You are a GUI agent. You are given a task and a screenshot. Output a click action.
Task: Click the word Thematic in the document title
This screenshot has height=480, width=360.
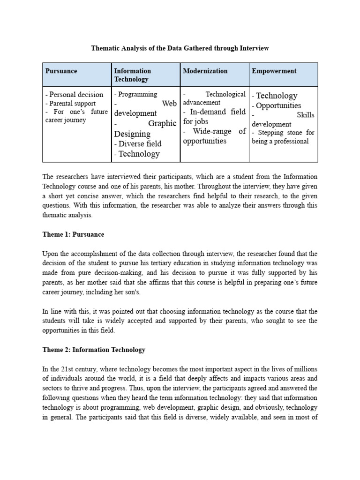tap(105, 48)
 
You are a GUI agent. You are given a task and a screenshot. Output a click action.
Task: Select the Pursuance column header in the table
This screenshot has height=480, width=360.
tap(61, 71)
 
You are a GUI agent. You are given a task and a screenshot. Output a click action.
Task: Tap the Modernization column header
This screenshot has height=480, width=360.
tap(205, 71)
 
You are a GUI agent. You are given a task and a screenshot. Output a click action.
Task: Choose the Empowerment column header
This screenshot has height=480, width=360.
tap(274, 71)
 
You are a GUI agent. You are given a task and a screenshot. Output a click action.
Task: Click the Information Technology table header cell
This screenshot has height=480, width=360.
tap(132, 75)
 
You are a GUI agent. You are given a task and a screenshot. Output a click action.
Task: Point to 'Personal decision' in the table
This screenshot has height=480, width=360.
tap(74, 95)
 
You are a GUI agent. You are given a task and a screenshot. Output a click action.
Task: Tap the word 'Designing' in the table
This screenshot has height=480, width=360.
tap(133, 134)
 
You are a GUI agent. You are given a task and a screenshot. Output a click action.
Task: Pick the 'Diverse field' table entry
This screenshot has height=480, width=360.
tap(138, 144)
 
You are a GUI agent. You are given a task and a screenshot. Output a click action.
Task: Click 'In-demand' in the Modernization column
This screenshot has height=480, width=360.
tap(208, 112)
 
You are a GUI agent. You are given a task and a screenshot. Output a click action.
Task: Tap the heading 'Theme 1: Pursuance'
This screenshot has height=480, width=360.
tap(73, 234)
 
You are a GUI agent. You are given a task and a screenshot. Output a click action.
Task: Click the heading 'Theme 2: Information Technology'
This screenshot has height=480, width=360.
tap(94, 350)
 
